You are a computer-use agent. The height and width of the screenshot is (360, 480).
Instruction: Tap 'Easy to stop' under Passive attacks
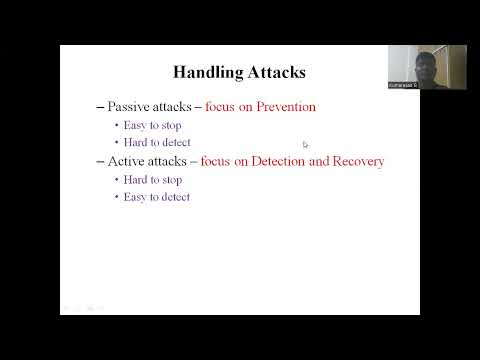coord(153,125)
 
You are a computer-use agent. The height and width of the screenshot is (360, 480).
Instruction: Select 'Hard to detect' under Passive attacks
coord(157,142)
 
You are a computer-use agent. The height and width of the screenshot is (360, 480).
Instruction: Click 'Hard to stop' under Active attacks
coord(153,179)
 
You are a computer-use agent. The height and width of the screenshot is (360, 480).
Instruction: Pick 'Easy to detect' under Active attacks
coord(157,197)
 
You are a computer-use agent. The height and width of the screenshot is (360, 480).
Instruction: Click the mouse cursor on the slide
coord(305,144)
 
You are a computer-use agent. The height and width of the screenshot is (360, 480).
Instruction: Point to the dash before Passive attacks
coord(99,107)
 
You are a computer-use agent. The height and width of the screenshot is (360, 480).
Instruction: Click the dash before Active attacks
coord(99,161)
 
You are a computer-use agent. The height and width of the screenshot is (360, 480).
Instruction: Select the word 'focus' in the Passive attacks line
coord(221,107)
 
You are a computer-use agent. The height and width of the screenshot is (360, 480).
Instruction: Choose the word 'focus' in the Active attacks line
coord(216,161)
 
